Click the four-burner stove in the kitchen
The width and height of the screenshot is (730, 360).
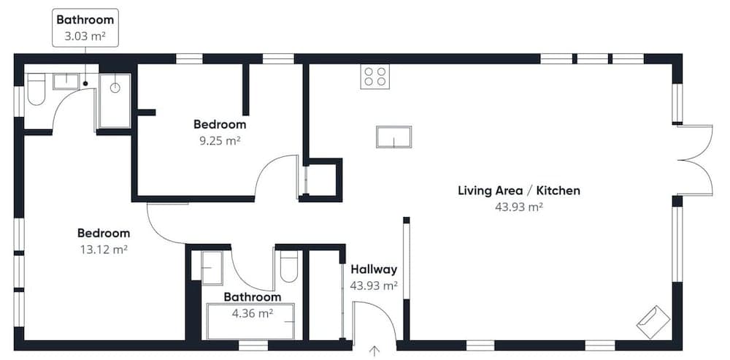[374, 77]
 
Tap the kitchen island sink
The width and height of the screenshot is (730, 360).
[394, 137]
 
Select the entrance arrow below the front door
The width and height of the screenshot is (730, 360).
[374, 351]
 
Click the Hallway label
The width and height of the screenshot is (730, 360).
[374, 269]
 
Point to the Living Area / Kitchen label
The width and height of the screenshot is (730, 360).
[519, 191]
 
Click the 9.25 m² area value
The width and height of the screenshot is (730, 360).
[220, 141]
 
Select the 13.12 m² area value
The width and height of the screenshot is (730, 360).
[104, 250]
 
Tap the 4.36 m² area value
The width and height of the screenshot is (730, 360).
[253, 313]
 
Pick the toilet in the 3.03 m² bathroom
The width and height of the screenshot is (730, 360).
[36, 89]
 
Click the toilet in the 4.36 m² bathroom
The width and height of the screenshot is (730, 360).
[288, 267]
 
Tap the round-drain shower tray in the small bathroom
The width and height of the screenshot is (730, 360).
[115, 101]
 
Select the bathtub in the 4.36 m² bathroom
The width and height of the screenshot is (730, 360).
[251, 321]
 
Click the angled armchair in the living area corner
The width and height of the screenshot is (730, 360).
[653, 322]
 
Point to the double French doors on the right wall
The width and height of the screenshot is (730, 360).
[694, 160]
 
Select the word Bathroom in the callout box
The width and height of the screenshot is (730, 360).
[85, 20]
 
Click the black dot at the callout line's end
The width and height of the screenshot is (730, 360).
[85, 83]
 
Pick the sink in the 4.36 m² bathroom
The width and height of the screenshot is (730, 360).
[212, 268]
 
